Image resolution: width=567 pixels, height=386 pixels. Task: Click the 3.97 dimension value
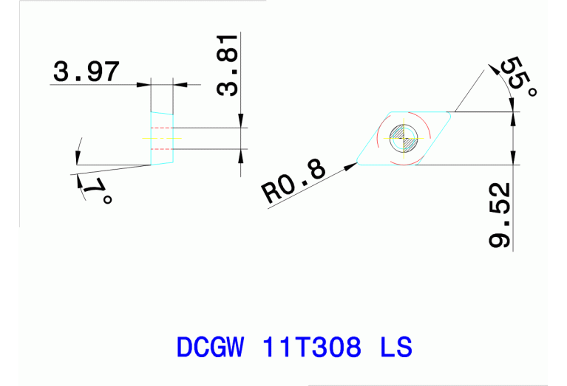pos(85,72)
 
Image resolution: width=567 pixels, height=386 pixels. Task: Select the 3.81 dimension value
pos(228,64)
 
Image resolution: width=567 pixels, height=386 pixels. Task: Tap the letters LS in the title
pos(395,347)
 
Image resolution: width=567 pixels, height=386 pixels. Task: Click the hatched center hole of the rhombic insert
pos(404,137)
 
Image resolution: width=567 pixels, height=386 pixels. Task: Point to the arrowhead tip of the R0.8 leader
pos(358,163)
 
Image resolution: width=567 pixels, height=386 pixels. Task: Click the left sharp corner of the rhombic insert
pos(358,164)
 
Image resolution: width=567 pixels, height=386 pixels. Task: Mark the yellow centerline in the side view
pos(162,138)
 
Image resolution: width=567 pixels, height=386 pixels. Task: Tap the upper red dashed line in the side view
pos(162,128)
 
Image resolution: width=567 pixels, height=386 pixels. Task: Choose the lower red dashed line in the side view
pos(162,148)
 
